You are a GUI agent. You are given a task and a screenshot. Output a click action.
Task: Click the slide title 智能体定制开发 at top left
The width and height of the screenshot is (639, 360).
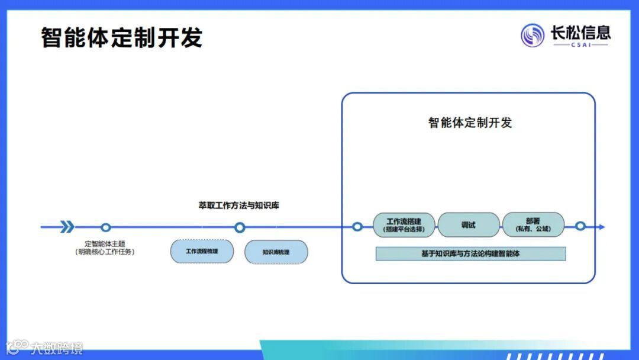coord(122,37)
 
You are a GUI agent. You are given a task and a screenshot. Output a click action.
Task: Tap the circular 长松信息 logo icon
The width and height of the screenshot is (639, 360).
coord(532,36)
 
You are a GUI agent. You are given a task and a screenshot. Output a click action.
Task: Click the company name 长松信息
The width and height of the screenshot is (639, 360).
coord(580,32)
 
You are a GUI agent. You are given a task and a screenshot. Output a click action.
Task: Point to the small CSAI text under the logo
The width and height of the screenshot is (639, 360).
coord(580,45)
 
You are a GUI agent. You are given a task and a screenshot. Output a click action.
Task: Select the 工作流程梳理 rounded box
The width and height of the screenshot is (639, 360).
coord(202,251)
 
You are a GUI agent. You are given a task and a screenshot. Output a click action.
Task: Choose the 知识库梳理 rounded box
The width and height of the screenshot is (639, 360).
coord(276,252)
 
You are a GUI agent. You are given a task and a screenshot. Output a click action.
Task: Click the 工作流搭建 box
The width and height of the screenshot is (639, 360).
coord(404,225)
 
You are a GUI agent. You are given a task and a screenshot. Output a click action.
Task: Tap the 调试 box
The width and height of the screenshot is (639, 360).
coord(469,225)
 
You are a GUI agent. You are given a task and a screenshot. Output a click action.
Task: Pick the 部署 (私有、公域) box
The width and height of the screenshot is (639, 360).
coord(533,225)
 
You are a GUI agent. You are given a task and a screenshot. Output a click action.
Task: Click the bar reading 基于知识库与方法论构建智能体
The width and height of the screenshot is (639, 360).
coord(471,253)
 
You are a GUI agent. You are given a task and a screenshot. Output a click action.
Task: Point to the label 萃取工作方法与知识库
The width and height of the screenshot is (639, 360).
coord(238,205)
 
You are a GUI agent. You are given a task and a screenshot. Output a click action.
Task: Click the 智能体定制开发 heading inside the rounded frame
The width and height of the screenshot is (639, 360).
coord(470,123)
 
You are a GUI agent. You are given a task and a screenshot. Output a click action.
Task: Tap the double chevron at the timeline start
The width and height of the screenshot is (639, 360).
coord(67,227)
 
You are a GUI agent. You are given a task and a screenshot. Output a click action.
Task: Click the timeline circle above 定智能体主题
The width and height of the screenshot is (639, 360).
coord(106,227)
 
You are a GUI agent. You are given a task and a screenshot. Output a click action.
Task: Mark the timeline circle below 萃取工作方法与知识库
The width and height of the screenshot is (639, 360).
coord(240,227)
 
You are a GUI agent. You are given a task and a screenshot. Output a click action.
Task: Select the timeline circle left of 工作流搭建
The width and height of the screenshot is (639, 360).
coord(357,227)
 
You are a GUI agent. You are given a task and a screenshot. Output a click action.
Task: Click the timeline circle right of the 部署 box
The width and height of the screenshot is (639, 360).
coord(580,226)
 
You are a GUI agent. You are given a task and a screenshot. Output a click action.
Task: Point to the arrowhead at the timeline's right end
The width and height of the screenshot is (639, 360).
coord(602,227)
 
